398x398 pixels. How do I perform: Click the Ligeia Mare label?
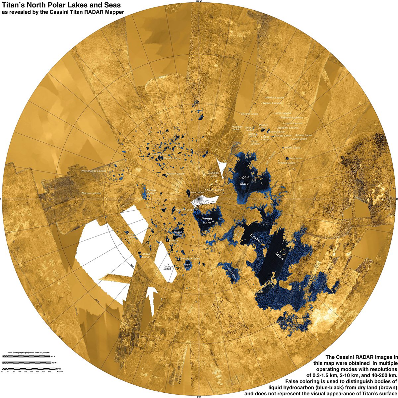pyautogui.click(x=244, y=180)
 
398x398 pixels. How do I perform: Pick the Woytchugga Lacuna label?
pyautogui.click(x=94, y=171)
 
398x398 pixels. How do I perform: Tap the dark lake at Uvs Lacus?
pyautogui.click(x=287, y=158)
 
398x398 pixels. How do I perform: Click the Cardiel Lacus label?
pyautogui.click(x=249, y=114)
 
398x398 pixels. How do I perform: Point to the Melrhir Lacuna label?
pyautogui.click(x=275, y=98)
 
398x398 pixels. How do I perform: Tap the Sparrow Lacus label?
pyautogui.click(x=184, y=210)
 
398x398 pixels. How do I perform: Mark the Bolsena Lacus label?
pyautogui.click(x=188, y=266)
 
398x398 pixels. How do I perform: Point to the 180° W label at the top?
pyautogui.click(x=199, y=1)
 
